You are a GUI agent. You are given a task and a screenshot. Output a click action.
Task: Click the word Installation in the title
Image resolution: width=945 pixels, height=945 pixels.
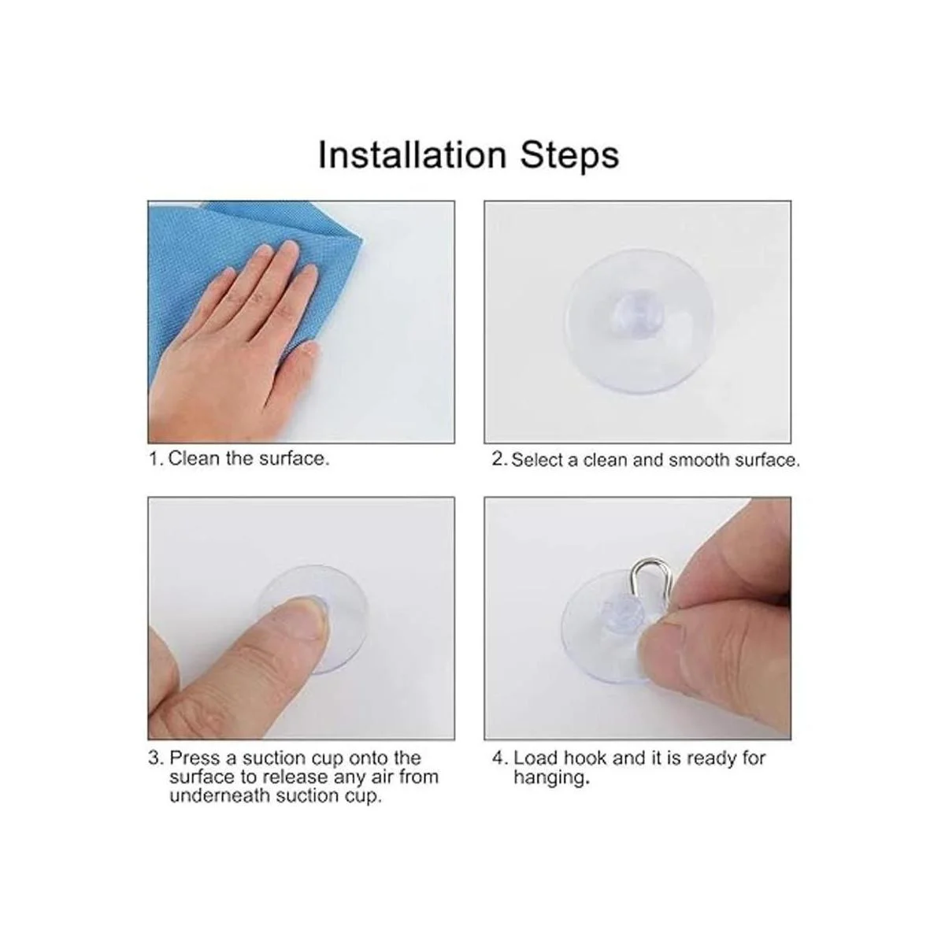click(412, 155)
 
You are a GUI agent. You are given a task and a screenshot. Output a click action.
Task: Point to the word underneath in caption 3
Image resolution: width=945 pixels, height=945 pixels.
click(220, 795)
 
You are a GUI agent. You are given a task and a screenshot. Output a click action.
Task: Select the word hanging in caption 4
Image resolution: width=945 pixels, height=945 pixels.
click(551, 779)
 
